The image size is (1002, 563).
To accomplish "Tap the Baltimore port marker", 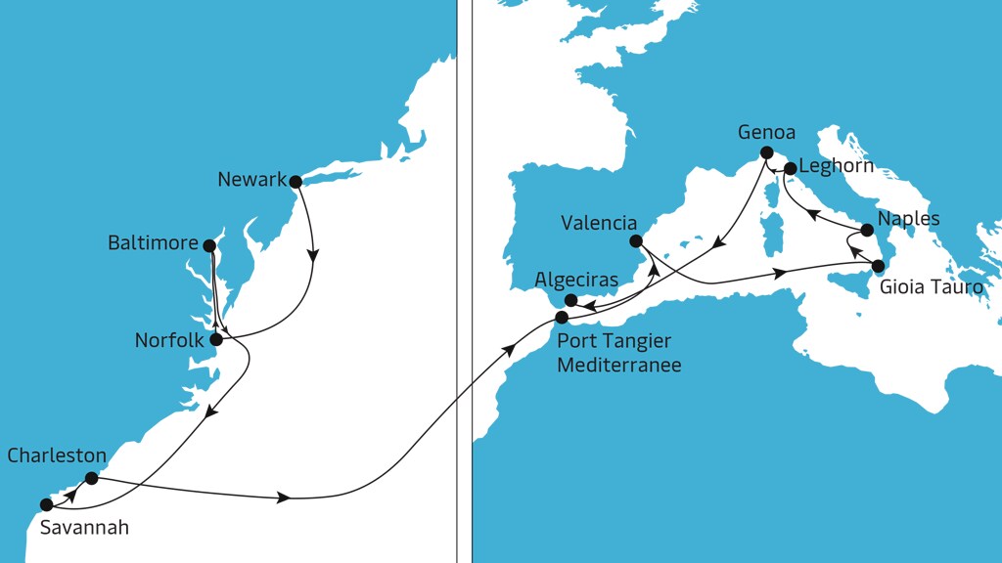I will point(208,243).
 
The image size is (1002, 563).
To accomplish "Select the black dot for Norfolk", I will point(216,340).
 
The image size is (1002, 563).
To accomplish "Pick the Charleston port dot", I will point(91,478).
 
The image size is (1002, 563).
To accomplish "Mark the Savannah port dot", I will point(46,504).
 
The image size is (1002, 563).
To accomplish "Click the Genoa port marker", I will point(766,152).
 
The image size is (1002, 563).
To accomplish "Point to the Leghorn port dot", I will point(790,168).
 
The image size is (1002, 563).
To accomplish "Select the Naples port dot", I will point(867,231).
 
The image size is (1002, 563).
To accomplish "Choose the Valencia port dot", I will point(635,240).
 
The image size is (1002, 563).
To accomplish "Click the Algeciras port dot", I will point(571,300).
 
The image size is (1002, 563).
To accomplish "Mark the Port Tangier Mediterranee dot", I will point(562,317).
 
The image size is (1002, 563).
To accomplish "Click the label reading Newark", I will point(252,180).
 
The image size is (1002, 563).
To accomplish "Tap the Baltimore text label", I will point(153,243).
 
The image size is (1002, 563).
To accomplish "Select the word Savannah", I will point(84,528).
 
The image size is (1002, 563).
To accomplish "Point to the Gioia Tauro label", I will point(931,287).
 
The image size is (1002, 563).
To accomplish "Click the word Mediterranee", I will point(618,365).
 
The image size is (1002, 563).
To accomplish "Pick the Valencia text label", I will point(599,223).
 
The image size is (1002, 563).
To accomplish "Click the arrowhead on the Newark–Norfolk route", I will point(313,258).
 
